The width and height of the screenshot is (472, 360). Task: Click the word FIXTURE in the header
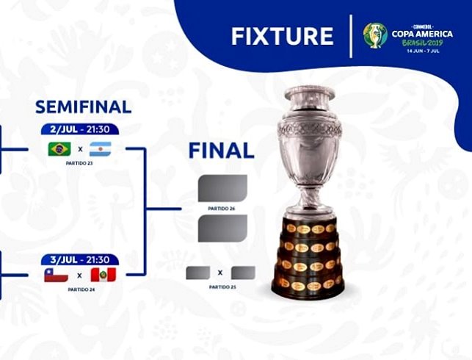click(282, 36)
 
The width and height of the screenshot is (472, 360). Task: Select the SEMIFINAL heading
click(83, 107)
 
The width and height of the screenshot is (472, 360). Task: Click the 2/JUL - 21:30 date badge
click(80, 129)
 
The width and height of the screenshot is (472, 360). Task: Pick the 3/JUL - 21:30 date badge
click(80, 259)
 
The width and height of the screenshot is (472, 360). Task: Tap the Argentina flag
click(101, 149)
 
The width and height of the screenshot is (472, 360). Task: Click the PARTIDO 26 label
click(222, 209)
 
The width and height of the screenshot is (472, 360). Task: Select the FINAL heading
click(221, 151)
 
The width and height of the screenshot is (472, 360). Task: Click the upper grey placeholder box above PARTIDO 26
click(222, 188)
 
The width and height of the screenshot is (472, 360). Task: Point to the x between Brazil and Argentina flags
click(79, 150)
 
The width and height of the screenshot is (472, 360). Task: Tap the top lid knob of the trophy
click(310, 90)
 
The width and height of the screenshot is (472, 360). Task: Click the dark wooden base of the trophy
click(310, 261)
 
